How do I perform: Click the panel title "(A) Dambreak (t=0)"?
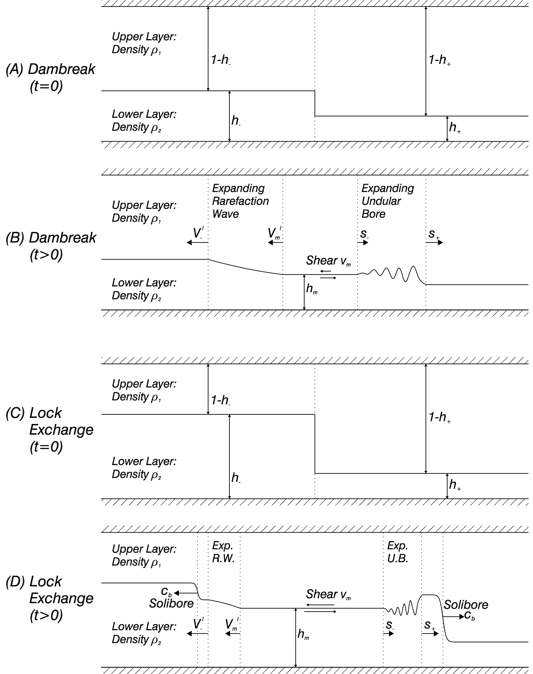coord(51,78)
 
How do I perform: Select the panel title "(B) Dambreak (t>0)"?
coord(51,246)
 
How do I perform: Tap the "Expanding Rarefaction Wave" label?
coord(240,201)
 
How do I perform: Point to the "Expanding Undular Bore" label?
coord(388,201)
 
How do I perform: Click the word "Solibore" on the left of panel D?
coord(171,603)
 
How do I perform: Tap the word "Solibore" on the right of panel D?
coord(466,605)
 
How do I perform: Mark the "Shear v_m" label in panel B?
coord(328,260)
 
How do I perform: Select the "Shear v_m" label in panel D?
coord(328,594)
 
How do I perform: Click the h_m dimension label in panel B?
coord(312,289)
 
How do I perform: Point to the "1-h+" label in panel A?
coord(439,60)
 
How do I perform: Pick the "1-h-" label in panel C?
coord(221,400)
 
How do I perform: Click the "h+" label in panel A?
coord(455,127)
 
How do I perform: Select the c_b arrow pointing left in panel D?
coord(185,593)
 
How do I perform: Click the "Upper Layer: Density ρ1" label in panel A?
coord(144,43)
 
